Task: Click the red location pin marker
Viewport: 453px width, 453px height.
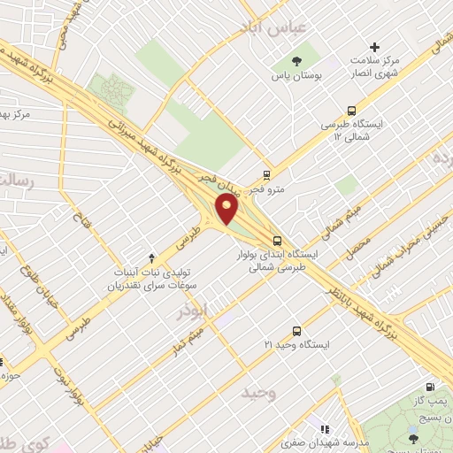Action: point(228,211)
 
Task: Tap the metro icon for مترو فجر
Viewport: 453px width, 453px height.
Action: point(266,175)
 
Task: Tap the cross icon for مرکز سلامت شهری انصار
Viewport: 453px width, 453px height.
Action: point(374,47)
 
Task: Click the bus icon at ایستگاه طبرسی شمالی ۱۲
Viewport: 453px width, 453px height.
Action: point(352,111)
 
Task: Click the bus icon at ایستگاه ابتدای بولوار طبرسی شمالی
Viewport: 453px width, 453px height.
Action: point(278,240)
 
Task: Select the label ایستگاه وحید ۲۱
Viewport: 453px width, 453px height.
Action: point(296,342)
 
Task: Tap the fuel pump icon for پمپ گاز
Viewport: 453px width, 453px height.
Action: point(431,387)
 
